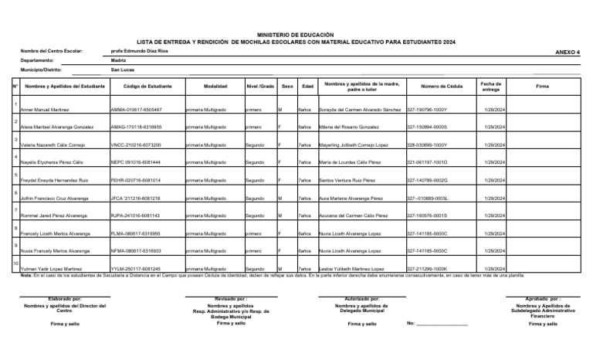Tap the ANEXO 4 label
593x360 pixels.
tap(567, 52)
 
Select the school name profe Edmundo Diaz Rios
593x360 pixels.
tap(139, 52)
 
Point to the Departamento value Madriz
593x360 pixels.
tap(119, 60)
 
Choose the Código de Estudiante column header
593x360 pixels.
tap(147, 87)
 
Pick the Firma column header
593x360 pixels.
tap(542, 87)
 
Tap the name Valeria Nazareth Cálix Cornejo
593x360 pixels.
tap(52, 144)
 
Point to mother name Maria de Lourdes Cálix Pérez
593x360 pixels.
tap(349, 163)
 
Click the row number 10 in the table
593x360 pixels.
tap(15, 263)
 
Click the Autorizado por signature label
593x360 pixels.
tap(361, 297)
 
